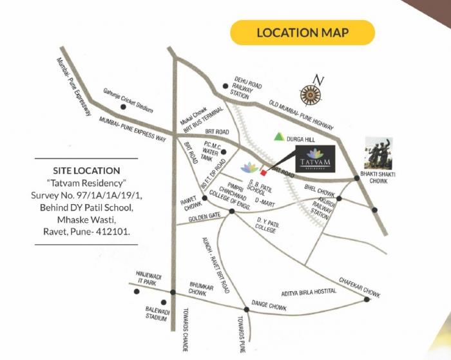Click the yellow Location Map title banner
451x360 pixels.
tap(303, 33)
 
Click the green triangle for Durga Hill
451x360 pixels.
tap(279, 137)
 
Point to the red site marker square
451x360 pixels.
tap(262, 173)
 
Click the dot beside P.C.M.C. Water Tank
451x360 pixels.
tap(224, 152)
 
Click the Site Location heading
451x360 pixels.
tap(88, 171)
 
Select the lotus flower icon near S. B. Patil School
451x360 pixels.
tap(247, 167)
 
